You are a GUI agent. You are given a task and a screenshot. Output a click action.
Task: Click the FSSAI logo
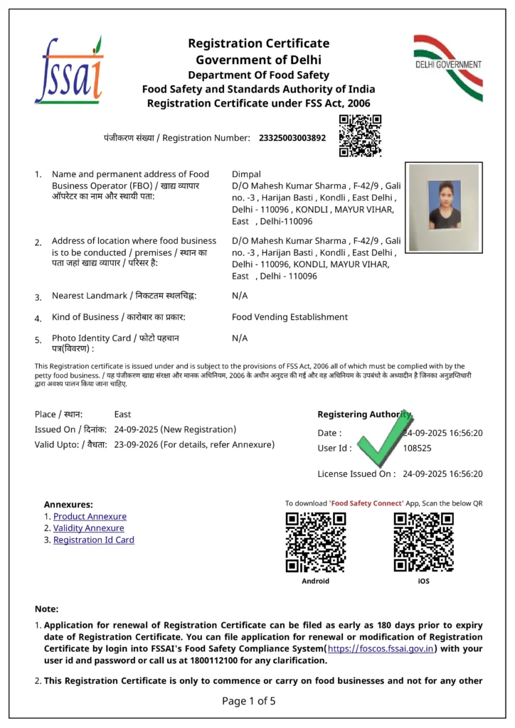(x=68, y=70)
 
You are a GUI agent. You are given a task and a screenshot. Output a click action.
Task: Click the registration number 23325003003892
(x=292, y=137)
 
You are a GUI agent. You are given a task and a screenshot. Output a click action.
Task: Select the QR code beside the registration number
(x=360, y=135)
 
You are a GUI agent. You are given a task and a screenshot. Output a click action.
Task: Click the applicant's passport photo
(x=444, y=204)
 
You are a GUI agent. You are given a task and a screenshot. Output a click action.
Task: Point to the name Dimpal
(x=246, y=174)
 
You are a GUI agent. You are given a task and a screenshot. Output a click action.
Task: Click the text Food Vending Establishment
(x=290, y=317)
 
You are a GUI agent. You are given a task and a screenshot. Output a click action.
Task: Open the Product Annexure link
(x=90, y=517)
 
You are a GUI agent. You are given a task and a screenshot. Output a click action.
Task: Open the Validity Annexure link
(x=88, y=528)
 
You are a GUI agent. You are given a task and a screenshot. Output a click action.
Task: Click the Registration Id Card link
(x=93, y=540)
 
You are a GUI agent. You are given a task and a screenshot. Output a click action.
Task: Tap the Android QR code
(x=315, y=542)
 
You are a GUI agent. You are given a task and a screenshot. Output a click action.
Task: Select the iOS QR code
(x=424, y=542)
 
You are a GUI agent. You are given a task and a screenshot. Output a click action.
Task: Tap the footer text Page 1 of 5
(x=248, y=701)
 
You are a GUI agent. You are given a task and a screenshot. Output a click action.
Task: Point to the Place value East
(x=122, y=414)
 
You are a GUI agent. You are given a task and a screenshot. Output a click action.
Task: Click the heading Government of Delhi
(x=258, y=60)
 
